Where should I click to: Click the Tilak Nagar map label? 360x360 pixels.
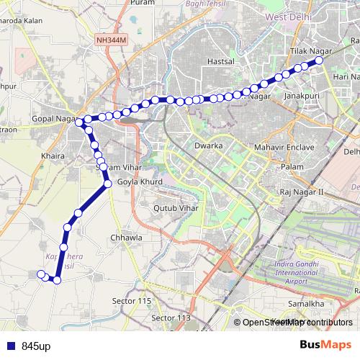pyautogui.click(x=308, y=53)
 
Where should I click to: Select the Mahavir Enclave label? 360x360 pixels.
pyautogui.click(x=284, y=147)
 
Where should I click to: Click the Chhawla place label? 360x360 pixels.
pyautogui.click(x=127, y=237)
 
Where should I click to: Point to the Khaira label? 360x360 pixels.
pyautogui.click(x=53, y=156)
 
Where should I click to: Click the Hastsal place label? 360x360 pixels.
pyautogui.click(x=220, y=63)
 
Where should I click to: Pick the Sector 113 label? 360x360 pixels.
pyautogui.click(x=171, y=318)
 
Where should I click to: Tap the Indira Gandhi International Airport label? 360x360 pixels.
pyautogui.click(x=297, y=275)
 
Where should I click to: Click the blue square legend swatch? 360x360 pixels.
pyautogui.click(x=10, y=346)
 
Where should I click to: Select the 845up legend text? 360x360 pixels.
pyautogui.click(x=35, y=346)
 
